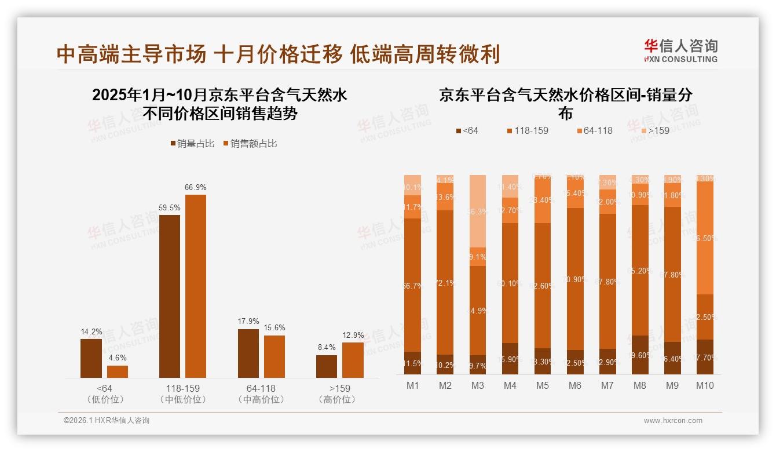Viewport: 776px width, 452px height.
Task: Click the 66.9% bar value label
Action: (196, 188)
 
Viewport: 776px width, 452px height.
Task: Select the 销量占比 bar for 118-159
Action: (170, 296)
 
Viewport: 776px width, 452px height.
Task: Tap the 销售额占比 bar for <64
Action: (118, 371)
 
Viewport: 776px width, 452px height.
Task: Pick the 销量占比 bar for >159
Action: (327, 366)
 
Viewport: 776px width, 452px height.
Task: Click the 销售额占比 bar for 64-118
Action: (274, 356)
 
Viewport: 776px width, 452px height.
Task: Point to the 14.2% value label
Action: (91, 332)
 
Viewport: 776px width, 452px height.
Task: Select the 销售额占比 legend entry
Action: (250, 144)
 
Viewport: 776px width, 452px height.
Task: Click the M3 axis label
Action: (477, 386)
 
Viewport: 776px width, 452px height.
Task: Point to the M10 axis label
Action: (704, 386)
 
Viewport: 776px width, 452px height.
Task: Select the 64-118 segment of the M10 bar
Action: (704, 238)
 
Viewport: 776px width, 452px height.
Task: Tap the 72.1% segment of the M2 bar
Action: (445, 282)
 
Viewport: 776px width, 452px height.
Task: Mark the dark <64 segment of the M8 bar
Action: (639, 355)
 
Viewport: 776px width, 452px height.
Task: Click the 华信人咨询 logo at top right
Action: (680, 50)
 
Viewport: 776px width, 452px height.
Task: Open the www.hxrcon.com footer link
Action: (672, 421)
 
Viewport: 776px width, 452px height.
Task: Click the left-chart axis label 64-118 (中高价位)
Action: (261, 393)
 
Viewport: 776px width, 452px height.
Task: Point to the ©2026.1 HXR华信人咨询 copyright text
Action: (106, 421)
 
